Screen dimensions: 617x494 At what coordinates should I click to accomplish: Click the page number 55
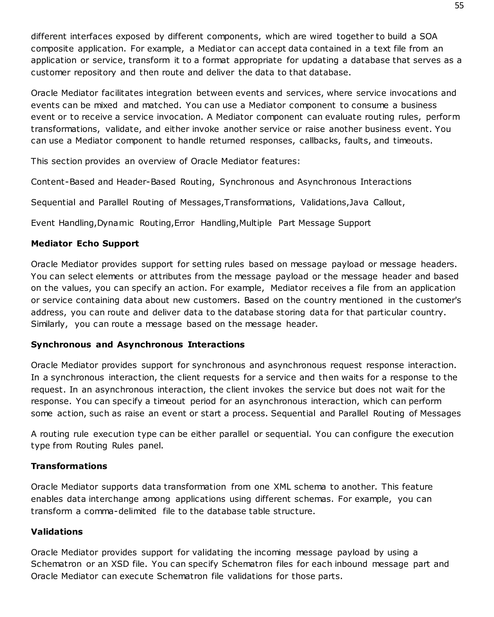459,6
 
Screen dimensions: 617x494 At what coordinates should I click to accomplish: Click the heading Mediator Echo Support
85,243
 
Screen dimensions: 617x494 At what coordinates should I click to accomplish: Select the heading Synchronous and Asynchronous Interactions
138,345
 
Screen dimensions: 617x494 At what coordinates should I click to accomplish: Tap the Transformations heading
69,466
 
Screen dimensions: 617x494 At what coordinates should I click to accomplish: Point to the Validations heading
57,532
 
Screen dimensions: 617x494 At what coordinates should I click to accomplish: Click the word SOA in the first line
428,37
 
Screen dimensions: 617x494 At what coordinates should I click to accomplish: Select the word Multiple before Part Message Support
255,223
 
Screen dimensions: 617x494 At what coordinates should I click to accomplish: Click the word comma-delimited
120,511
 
